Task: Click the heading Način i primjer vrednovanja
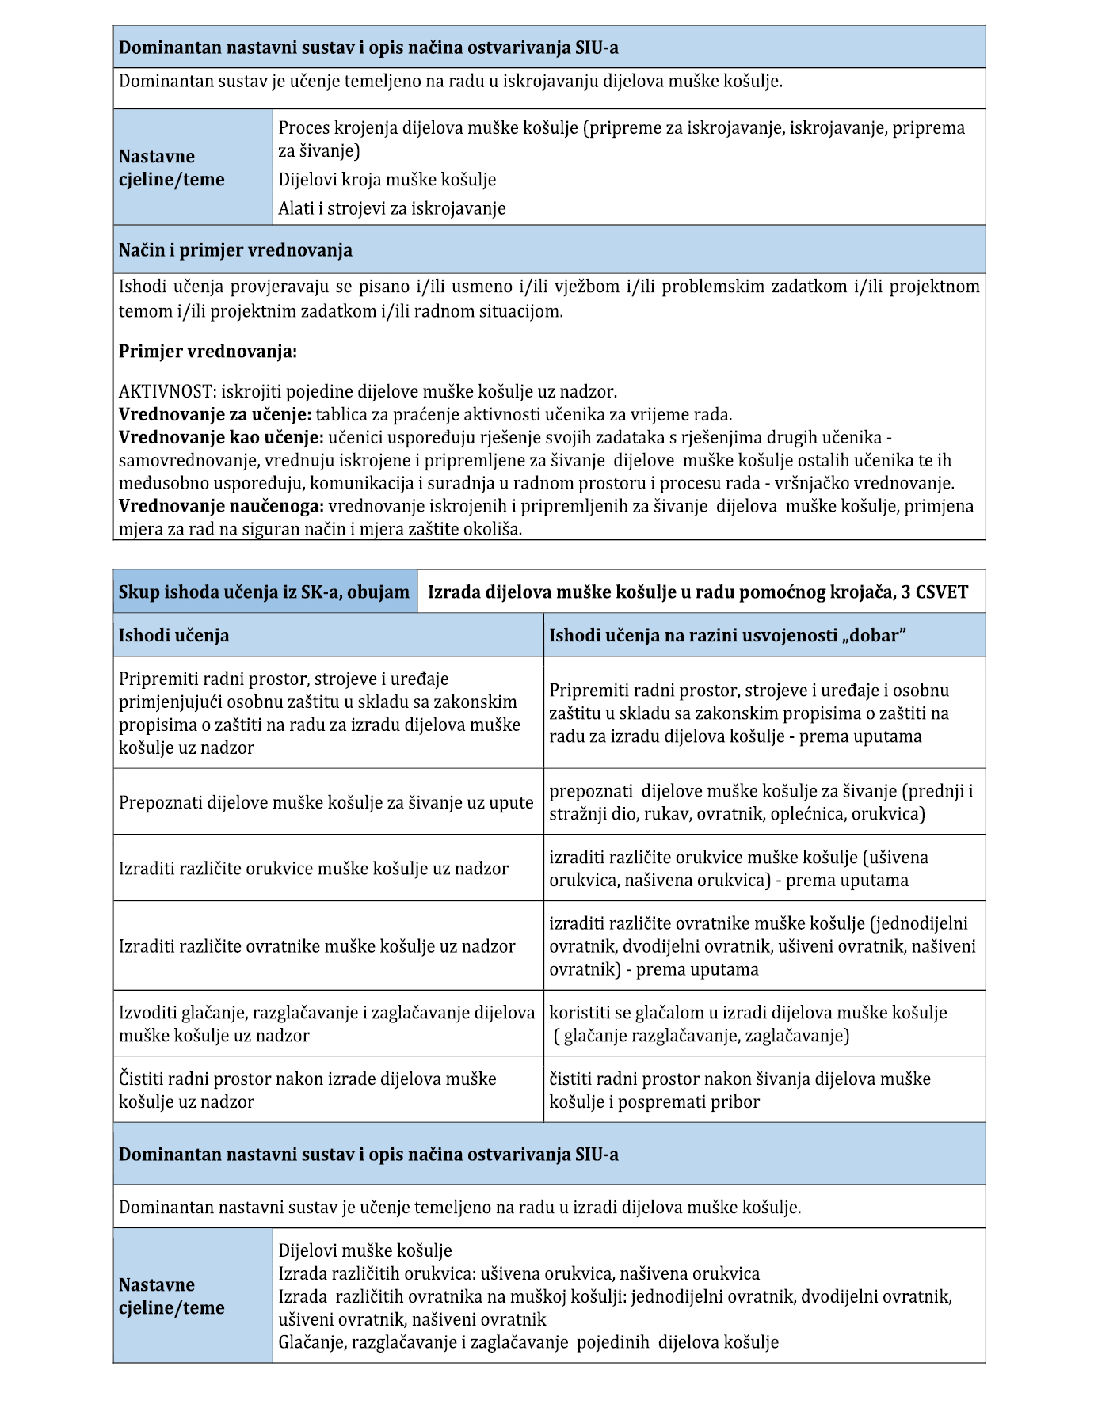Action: point(235,250)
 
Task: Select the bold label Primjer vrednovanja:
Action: point(208,352)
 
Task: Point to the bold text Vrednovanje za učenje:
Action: point(215,414)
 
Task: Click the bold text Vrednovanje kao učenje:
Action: point(221,437)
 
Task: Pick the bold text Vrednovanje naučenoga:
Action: point(221,506)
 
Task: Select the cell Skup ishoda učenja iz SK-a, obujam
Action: point(264,592)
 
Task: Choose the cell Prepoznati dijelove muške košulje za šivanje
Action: point(326,802)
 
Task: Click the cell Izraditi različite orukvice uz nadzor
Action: point(314,869)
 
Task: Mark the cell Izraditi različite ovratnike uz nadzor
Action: point(317,946)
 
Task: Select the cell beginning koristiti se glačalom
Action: point(748,1024)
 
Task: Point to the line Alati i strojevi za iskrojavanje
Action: point(391,208)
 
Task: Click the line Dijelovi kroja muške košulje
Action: point(387,180)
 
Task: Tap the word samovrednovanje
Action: point(188,460)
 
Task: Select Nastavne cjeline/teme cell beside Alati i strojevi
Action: point(171,168)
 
